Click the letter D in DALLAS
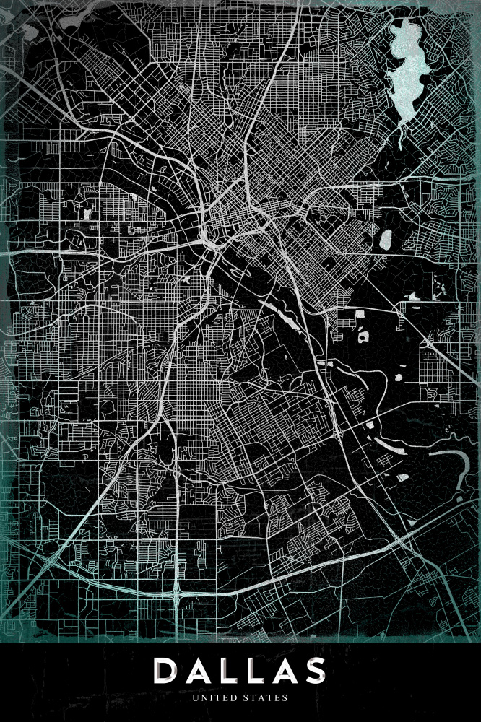pyautogui.click(x=168, y=671)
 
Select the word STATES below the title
pyautogui.click(x=266, y=698)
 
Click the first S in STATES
pyautogui.click(x=248, y=698)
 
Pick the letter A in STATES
pyautogui.click(x=263, y=698)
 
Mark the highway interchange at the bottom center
pyautogui.click(x=176, y=593)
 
